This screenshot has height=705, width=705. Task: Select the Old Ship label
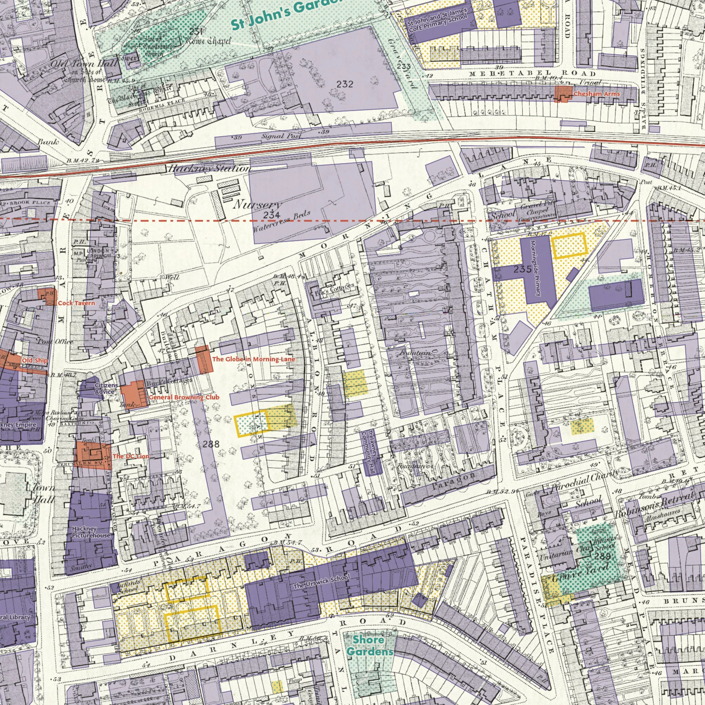(35, 360)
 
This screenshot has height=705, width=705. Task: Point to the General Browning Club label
(184, 397)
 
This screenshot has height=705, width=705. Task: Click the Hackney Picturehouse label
(91, 532)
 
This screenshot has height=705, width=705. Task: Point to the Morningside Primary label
(536, 268)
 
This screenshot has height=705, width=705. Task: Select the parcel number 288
(211, 444)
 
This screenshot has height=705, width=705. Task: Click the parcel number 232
(345, 85)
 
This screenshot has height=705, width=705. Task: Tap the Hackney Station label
(209, 169)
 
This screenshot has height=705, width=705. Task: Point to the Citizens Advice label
(106, 389)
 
